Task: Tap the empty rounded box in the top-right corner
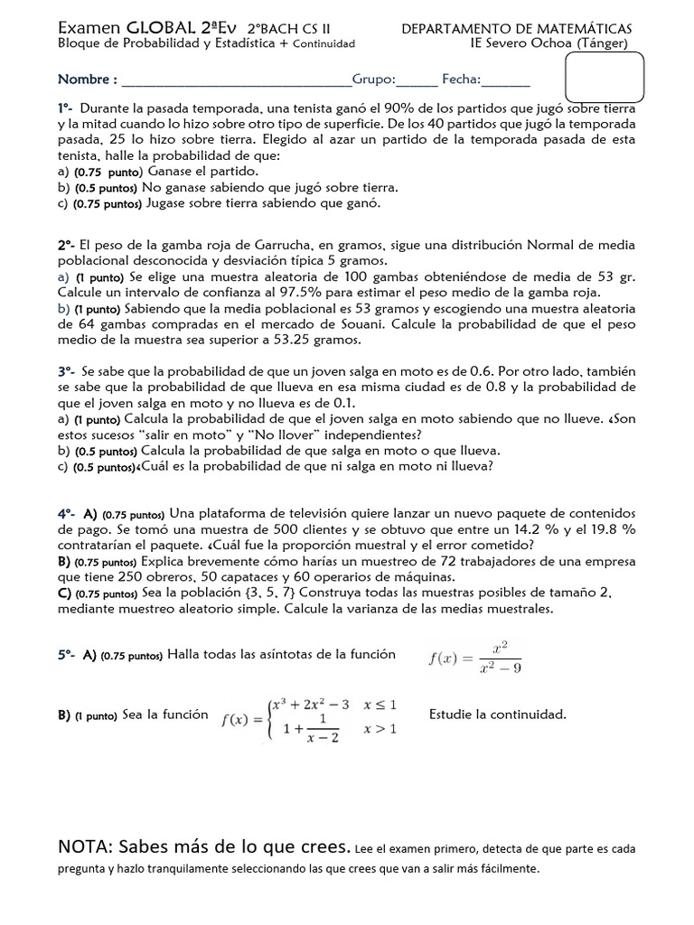tap(604, 77)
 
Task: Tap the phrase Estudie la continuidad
tap(497, 715)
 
